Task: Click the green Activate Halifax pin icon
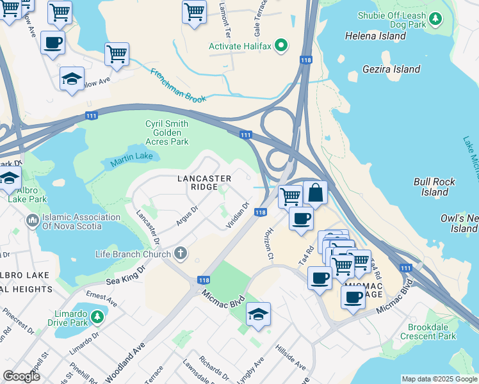click(x=280, y=46)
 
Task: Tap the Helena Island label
click(x=375, y=36)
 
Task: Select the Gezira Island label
click(x=391, y=69)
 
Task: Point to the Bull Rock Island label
click(x=434, y=187)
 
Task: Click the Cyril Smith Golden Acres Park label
click(x=167, y=132)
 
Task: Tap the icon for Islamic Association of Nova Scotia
click(x=32, y=221)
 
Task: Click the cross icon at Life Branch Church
click(x=181, y=254)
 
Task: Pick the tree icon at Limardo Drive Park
click(x=97, y=316)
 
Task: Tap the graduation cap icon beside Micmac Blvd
click(x=258, y=314)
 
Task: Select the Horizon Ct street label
click(x=268, y=244)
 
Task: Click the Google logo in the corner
click(x=22, y=376)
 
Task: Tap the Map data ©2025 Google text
click(x=439, y=379)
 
